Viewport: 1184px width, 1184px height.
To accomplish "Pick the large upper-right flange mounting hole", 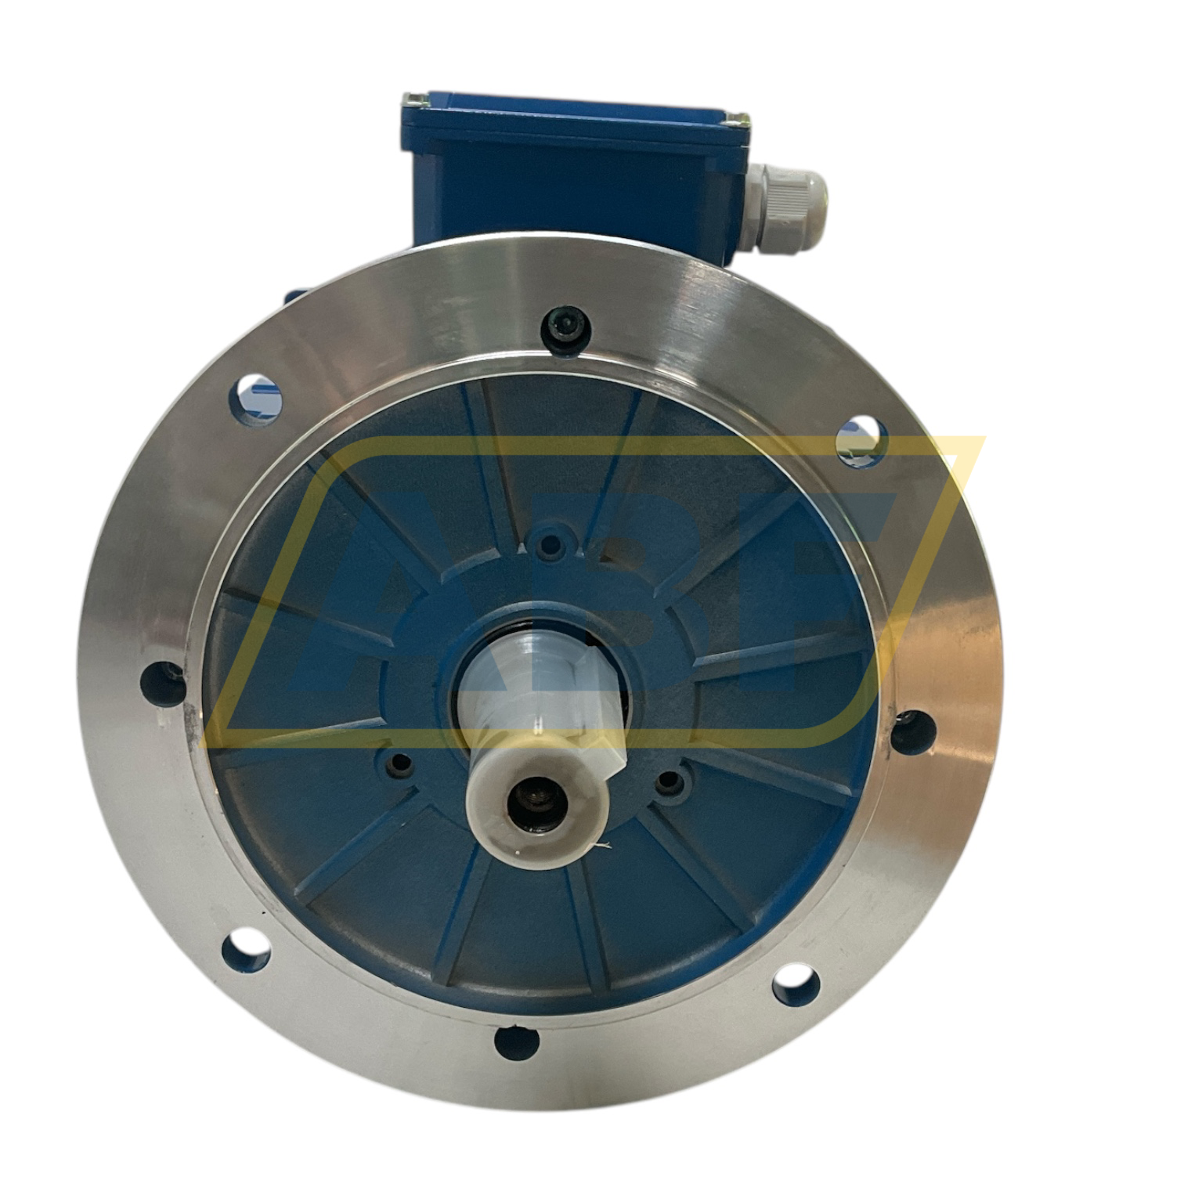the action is point(862,439).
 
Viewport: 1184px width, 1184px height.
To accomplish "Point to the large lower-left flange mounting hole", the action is point(247,955).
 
